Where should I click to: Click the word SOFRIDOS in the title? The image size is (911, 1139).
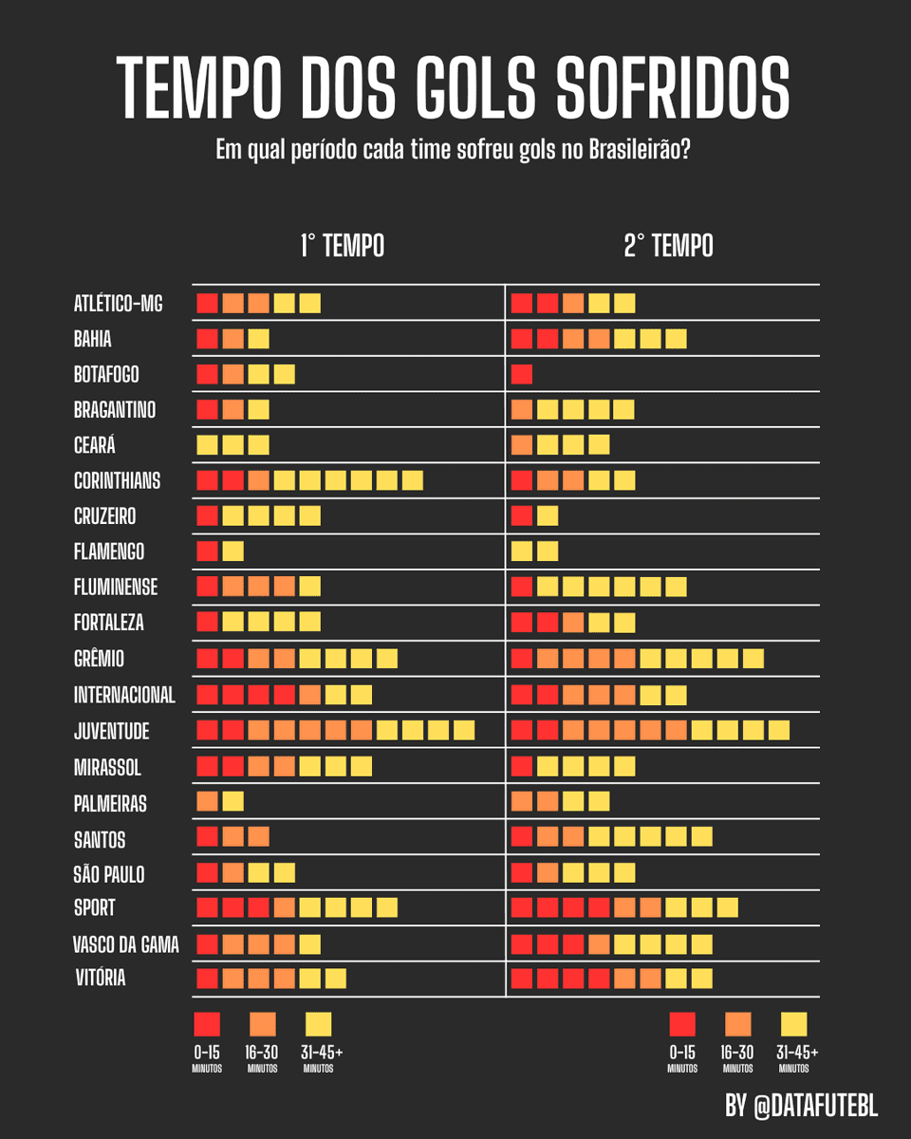tap(672, 87)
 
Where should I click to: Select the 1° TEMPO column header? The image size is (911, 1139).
tap(342, 246)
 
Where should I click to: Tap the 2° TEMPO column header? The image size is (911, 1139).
tap(668, 246)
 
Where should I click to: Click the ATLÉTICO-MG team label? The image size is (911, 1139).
tap(118, 304)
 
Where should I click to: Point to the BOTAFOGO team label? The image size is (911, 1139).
tap(106, 375)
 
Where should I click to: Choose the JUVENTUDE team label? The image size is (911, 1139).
tap(111, 731)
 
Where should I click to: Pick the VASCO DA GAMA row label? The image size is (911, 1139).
tap(125, 944)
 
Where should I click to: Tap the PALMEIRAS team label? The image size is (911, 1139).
tap(110, 803)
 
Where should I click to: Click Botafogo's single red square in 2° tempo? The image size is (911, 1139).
tap(521, 375)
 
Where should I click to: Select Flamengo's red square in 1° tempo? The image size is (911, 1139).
tap(207, 551)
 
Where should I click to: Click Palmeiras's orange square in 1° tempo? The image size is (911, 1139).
tap(207, 802)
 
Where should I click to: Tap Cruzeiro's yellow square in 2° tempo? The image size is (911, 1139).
tap(547, 516)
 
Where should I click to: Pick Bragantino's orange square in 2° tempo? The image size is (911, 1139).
tap(521, 410)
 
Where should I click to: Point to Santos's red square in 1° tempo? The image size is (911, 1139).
tap(207, 837)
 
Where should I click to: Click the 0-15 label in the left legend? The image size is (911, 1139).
tap(207, 1052)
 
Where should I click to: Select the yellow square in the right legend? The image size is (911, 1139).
tap(792, 1024)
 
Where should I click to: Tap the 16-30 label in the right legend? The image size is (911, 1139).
tap(737, 1052)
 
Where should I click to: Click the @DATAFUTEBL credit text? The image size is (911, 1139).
tap(814, 1106)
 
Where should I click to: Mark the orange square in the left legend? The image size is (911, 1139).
tap(263, 1024)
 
